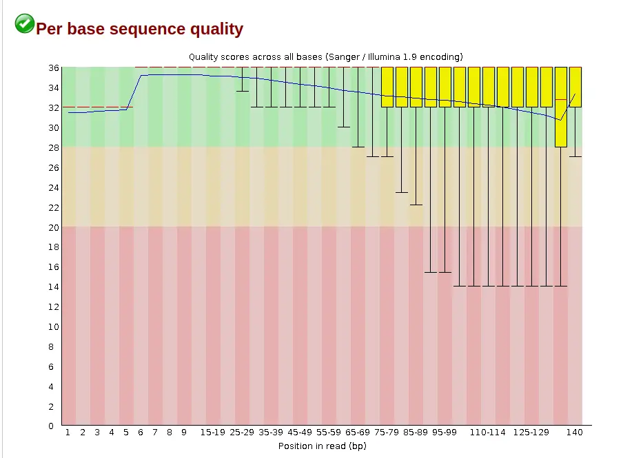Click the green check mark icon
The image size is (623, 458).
pos(25,23)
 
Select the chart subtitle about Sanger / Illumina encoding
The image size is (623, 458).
pos(326,56)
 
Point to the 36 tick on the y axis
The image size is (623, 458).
pos(54,68)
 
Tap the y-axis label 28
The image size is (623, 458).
pos(54,148)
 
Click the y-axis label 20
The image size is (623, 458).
pos(54,227)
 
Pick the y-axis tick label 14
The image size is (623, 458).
pos(54,287)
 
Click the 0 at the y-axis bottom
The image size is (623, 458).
pos(51,426)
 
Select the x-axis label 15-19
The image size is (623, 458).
pos(213,433)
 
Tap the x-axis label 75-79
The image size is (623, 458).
pos(387,433)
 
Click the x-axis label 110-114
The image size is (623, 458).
pos(488,433)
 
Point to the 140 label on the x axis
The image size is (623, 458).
pos(575,433)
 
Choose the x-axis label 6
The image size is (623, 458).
pos(141,433)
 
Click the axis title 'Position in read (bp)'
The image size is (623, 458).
pos(323,446)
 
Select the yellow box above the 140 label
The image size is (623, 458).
pos(575,87)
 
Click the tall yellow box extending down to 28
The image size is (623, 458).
pos(561,107)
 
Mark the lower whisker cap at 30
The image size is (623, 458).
pos(344,127)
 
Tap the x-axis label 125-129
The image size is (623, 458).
pos(531,433)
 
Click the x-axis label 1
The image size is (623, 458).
pos(68,433)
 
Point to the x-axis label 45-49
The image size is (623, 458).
pos(300,433)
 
